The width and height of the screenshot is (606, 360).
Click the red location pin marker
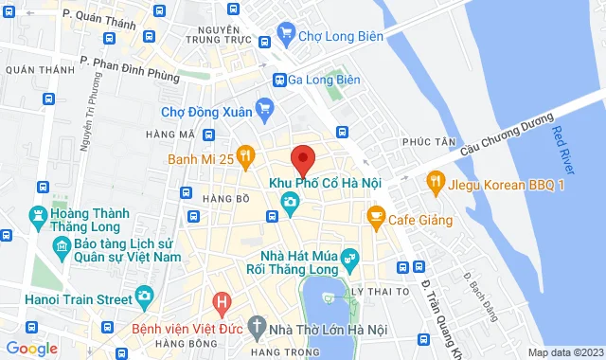302,158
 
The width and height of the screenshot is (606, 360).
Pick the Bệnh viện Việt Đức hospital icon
222,304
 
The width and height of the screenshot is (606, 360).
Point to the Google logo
31,349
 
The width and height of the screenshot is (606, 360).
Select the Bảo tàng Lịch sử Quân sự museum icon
60,248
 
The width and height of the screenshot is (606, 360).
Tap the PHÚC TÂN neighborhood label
423,141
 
